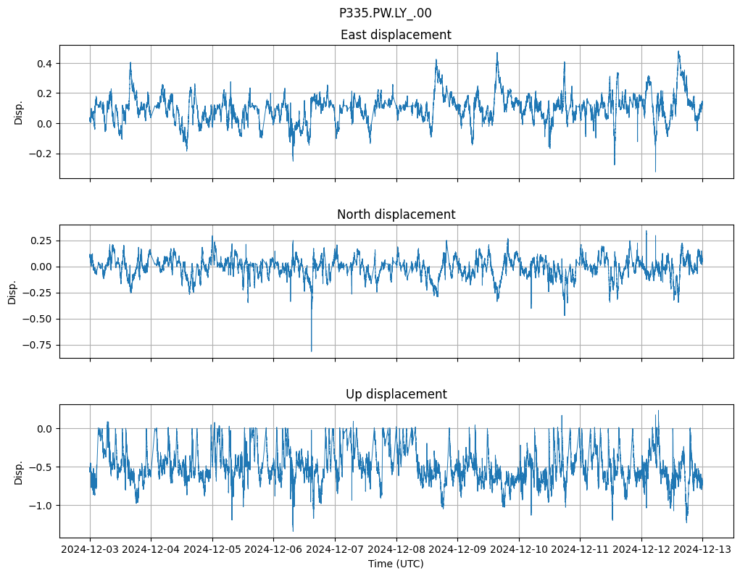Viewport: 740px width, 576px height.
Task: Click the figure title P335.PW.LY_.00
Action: tap(385, 13)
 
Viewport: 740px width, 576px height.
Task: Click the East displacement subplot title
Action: tap(396, 35)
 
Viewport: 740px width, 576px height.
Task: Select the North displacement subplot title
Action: tap(396, 214)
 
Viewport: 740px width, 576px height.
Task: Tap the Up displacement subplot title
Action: tap(396, 394)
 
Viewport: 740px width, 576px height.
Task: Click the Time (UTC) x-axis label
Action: tap(396, 564)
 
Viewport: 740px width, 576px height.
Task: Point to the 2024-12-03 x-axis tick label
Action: tap(90, 550)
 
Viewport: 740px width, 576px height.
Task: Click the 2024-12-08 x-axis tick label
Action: tap(396, 550)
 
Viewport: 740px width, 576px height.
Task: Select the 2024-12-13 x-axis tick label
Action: tap(702, 550)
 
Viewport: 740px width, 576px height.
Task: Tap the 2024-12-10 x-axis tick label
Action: tap(519, 550)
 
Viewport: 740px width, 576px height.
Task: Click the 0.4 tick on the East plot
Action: tap(45, 64)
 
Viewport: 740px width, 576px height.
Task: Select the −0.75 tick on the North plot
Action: tap(39, 345)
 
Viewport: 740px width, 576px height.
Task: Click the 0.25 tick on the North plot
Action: tap(42, 241)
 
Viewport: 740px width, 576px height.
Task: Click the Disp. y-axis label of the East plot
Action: tap(19, 112)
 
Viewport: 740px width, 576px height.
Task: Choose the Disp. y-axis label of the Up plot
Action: tap(19, 472)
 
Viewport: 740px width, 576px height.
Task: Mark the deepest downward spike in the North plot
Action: tap(312, 351)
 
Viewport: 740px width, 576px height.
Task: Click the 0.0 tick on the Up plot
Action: tap(45, 429)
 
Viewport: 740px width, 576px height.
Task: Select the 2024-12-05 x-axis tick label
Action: tap(212, 550)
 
